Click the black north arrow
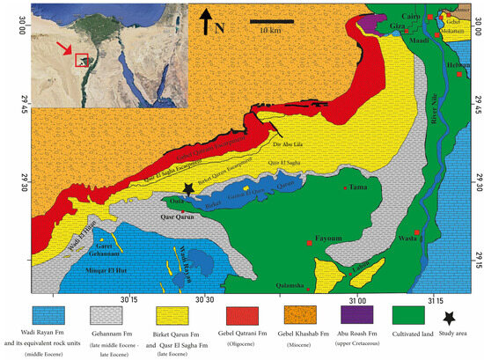(205, 20)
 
